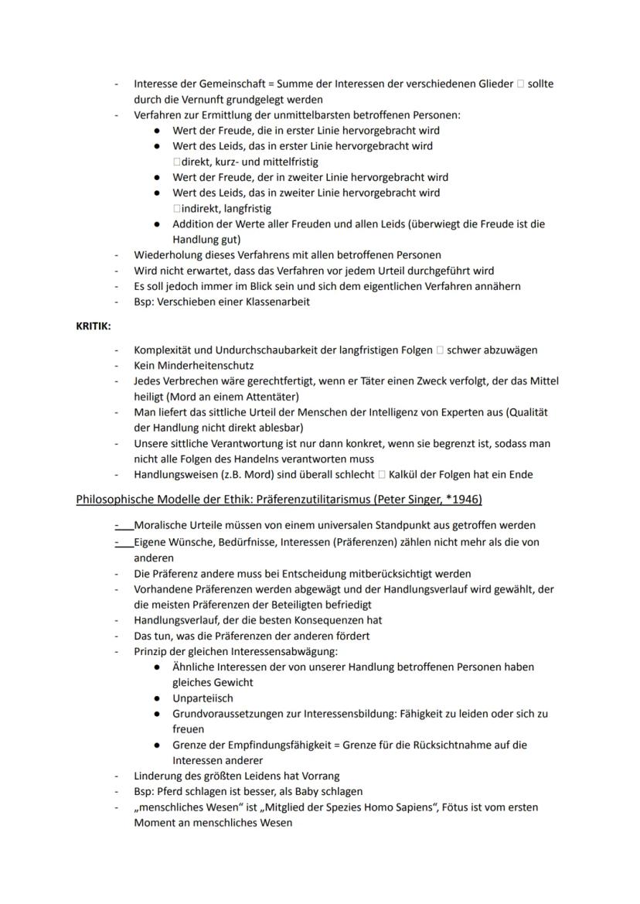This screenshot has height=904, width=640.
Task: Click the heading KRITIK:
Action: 93,326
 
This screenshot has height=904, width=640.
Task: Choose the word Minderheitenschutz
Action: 206,365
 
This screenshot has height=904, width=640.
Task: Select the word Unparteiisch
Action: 203,698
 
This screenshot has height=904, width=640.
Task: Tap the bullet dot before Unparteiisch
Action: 157,698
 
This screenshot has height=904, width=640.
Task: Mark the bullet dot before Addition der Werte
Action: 157,224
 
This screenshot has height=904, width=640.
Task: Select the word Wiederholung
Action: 168,254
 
